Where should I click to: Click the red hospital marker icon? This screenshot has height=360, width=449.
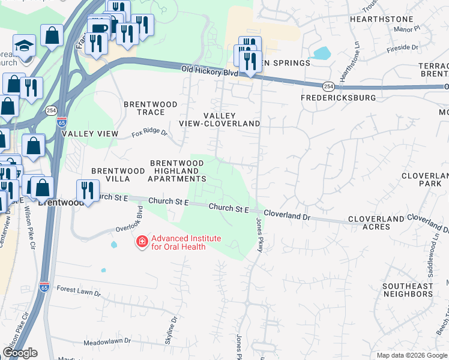[x=142, y=242]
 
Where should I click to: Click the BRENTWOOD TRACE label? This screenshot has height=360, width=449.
[x=151, y=108]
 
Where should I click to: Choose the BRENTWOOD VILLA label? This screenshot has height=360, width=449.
[x=118, y=175]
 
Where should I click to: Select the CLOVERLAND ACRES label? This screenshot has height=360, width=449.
[x=376, y=224]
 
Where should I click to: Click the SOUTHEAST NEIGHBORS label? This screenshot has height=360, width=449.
[x=408, y=290]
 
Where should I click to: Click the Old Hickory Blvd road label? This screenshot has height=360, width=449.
[x=206, y=71]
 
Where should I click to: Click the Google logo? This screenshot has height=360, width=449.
[x=19, y=353]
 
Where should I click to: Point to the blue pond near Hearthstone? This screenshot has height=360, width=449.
[x=321, y=53]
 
